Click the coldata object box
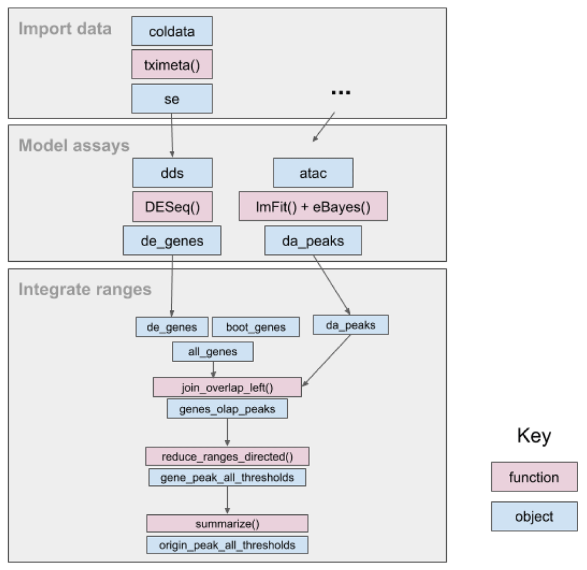tap(172, 31)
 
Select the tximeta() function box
tap(172, 65)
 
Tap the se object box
tap(172, 99)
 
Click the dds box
tap(172, 173)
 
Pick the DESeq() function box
tap(172, 207)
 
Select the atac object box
tap(313, 173)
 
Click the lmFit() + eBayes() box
tap(313, 206)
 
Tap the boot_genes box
tap(256, 327)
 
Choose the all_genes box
tap(212, 352)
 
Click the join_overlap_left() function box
tap(227, 387)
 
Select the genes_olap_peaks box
tap(227, 409)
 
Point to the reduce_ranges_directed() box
tap(227, 456)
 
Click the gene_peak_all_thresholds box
tap(227, 478)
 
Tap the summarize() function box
tap(227, 523)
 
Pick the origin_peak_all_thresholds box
tap(227, 545)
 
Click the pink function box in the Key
tap(534, 477)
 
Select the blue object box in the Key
tap(534, 517)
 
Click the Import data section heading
tap(65, 29)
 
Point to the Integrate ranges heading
tap(85, 289)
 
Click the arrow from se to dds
tap(172, 135)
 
